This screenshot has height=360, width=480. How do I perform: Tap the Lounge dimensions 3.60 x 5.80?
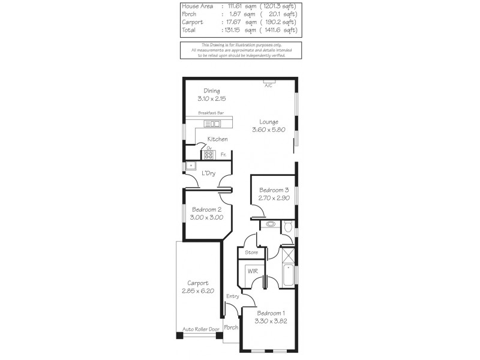coord(265,129)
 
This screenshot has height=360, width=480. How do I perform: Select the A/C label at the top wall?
coord(268,86)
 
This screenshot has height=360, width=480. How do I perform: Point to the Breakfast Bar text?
coord(211,113)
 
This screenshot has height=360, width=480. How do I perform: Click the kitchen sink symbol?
coord(212,124)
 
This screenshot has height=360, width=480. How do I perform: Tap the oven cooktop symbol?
coord(209,154)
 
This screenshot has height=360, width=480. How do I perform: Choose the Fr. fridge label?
coord(223,155)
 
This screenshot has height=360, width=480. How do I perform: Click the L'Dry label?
coord(209,173)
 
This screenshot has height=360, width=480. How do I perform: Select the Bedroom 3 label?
coord(274,190)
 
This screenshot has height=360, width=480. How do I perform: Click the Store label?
coord(251,253)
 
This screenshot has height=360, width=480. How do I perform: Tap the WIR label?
coord(252,271)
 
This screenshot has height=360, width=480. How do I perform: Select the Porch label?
coord(231,328)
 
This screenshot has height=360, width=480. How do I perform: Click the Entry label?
coord(233,296)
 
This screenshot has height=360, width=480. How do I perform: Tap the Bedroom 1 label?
coord(271,313)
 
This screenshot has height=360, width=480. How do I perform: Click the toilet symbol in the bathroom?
coord(288,226)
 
